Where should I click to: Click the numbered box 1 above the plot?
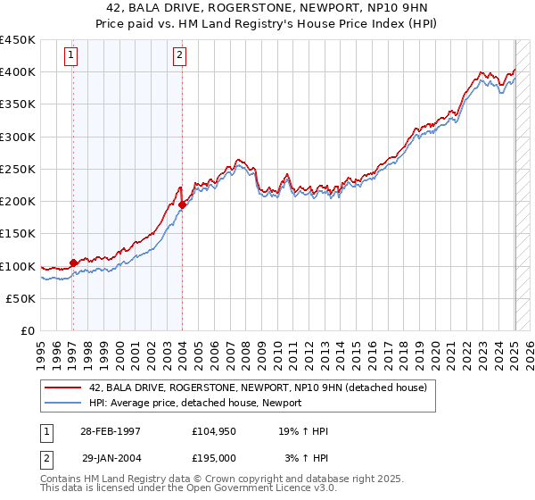[x=70, y=55]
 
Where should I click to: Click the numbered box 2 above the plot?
[x=179, y=55]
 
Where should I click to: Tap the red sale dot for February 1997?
[x=73, y=262]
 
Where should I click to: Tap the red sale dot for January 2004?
[x=182, y=204]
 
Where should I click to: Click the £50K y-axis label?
[x=21, y=298]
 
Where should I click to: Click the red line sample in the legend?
[x=62, y=387]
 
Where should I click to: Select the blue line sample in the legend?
[x=62, y=403]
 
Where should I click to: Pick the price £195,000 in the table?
[x=214, y=457]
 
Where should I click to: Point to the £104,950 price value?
[x=214, y=431]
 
